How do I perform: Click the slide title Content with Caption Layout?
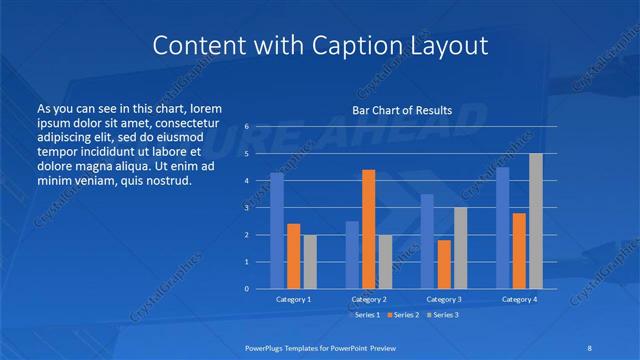[x=320, y=46]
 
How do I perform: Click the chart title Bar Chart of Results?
[x=402, y=110]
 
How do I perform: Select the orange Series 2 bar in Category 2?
[x=368, y=229]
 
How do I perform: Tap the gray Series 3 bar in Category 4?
[x=536, y=221]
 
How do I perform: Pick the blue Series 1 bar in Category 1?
[x=276, y=230]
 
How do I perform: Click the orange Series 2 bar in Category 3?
[x=443, y=264]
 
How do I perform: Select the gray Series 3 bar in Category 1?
[x=309, y=261]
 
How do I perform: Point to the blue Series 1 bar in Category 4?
[x=502, y=228]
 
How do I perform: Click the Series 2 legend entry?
[x=402, y=316]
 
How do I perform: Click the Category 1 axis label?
[x=293, y=299]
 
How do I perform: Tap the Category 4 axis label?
[x=518, y=299]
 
